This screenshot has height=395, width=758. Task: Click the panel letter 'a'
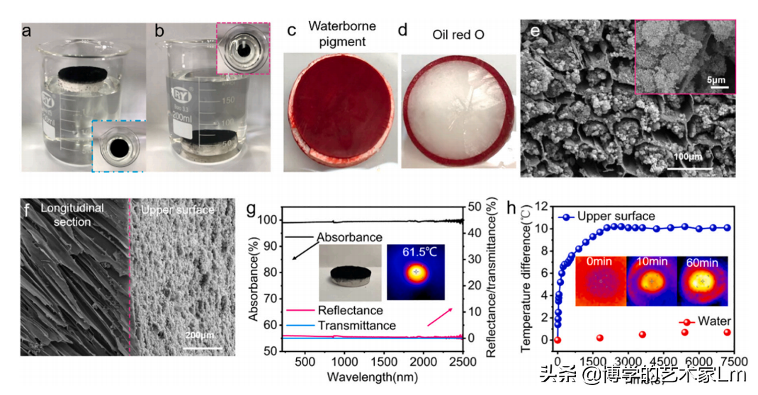28,32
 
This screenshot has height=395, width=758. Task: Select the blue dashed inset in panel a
118,145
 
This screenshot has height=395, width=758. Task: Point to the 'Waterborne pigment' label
341,33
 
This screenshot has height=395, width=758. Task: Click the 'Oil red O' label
458,33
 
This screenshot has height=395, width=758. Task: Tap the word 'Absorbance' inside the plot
349,237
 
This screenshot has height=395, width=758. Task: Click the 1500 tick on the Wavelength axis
380,362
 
